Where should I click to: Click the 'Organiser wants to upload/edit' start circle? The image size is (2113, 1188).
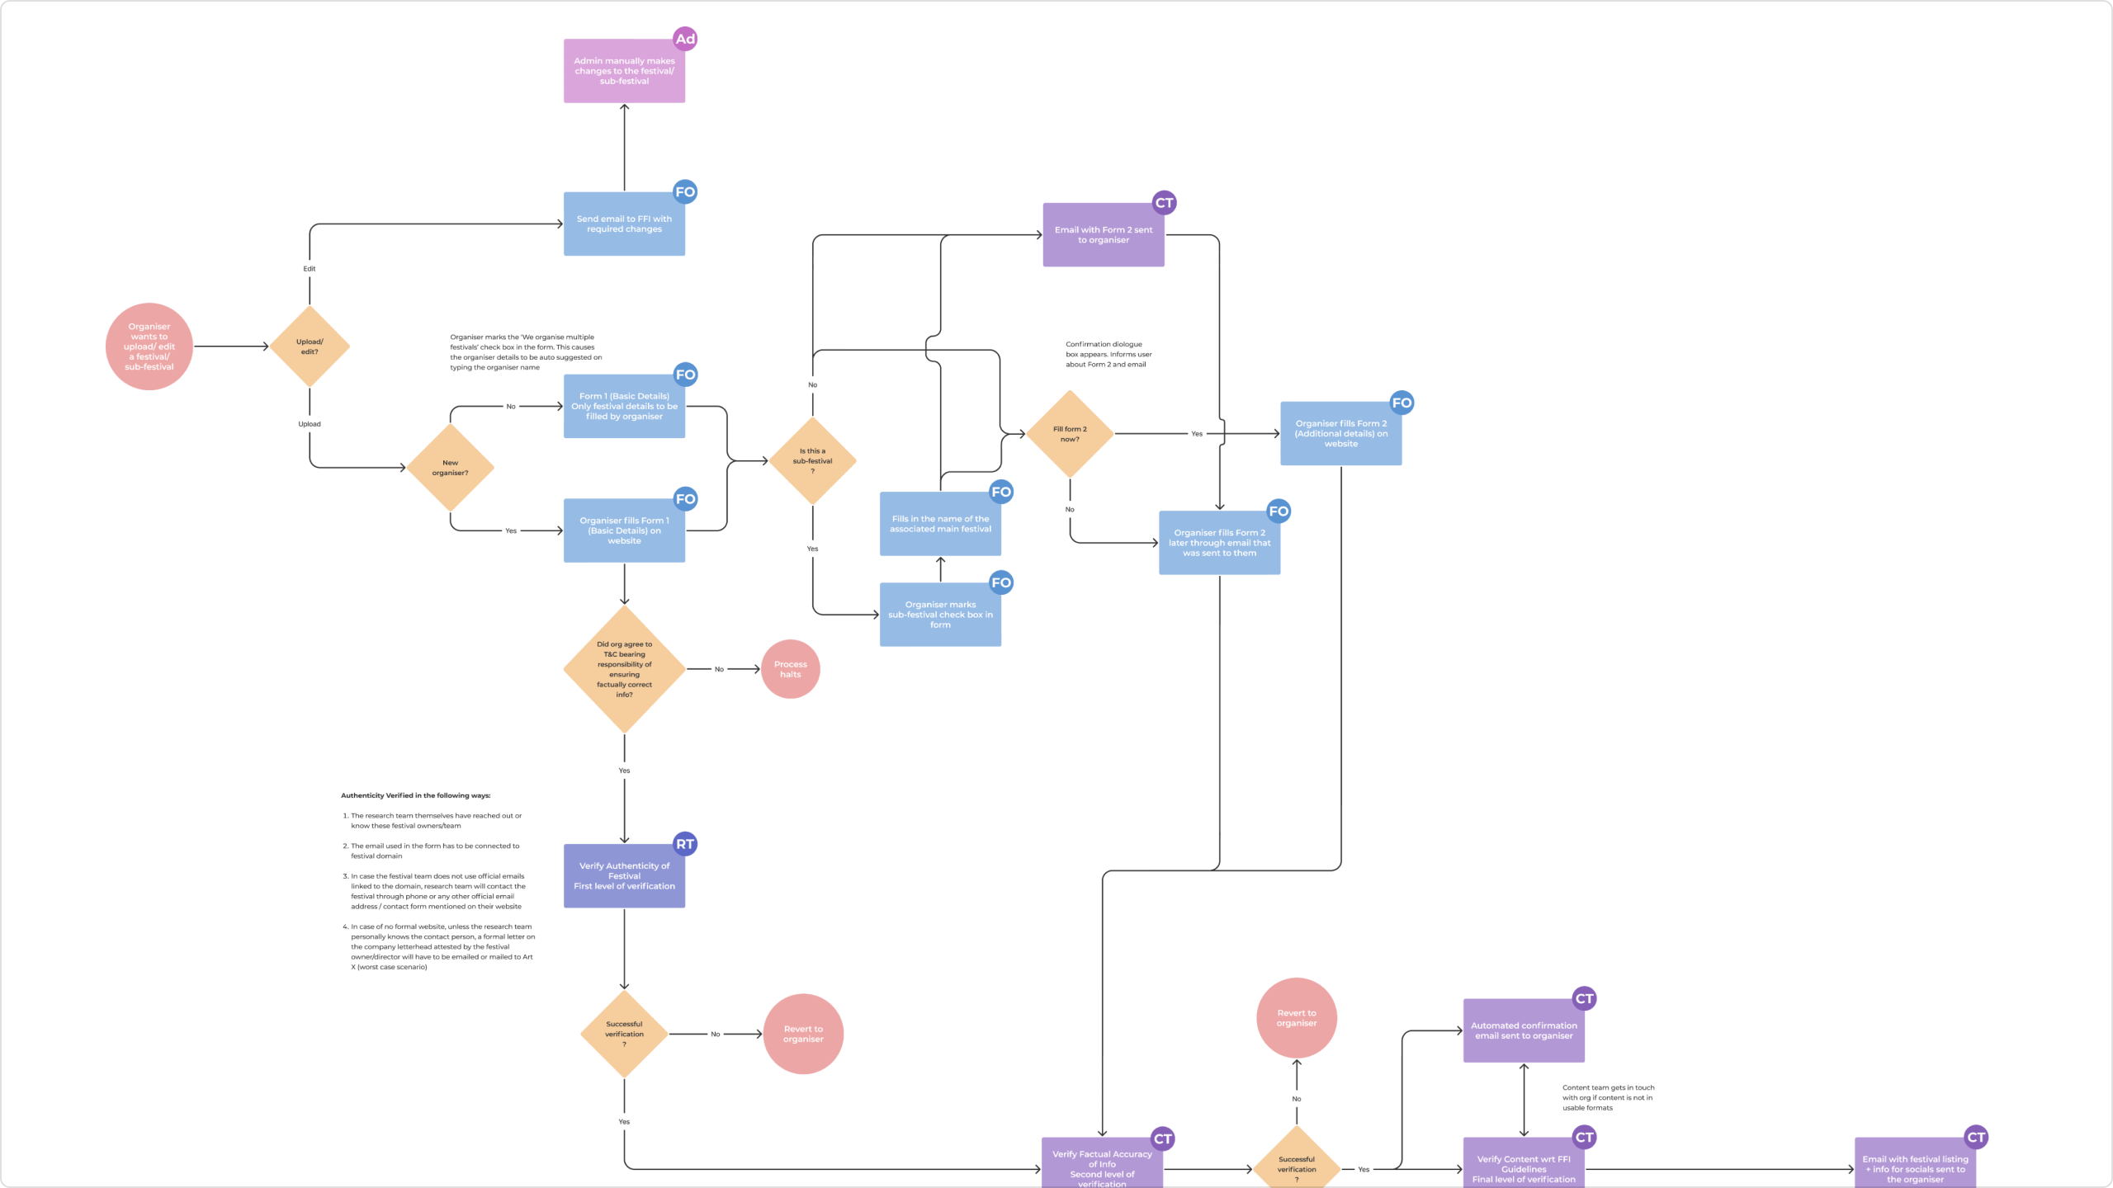click(149, 346)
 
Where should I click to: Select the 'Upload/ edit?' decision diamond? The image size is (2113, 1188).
click(310, 346)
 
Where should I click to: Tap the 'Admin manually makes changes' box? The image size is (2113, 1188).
click(624, 71)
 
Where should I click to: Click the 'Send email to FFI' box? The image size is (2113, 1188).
click(624, 224)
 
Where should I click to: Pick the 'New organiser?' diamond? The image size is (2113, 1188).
click(450, 468)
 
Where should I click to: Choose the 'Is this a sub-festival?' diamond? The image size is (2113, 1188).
click(812, 461)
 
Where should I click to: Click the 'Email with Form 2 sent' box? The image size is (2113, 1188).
click(1103, 235)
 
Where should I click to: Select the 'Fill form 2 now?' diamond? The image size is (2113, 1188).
click(1070, 434)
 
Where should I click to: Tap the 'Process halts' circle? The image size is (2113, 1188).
click(790, 669)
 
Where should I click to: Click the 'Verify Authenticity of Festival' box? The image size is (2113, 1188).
click(624, 876)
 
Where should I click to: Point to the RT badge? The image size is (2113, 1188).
click(685, 844)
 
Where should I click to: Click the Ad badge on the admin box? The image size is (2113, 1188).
click(685, 39)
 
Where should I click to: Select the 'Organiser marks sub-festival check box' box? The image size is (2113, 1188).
click(940, 615)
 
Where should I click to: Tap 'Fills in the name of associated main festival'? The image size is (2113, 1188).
click(940, 524)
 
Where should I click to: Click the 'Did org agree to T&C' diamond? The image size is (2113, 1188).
click(624, 669)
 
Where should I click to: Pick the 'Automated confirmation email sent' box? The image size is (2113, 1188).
click(1524, 1030)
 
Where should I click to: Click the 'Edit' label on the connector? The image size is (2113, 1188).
click(310, 269)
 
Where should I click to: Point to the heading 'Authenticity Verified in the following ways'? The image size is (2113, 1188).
click(415, 796)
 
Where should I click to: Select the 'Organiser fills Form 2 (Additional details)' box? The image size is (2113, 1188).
click(1340, 434)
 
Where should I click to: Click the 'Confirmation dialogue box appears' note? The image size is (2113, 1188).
click(1108, 355)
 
